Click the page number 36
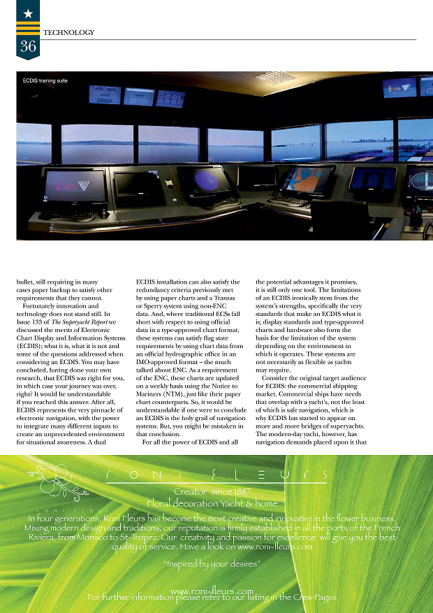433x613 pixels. click(28, 47)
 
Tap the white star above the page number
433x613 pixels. click(28, 13)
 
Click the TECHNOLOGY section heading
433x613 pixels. click(68, 33)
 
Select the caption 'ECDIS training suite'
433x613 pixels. click(45, 82)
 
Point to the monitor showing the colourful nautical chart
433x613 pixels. click(308, 180)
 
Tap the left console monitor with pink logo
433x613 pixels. click(75, 185)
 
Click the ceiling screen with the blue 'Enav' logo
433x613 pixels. click(399, 87)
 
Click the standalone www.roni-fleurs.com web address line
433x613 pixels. click(212, 591)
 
